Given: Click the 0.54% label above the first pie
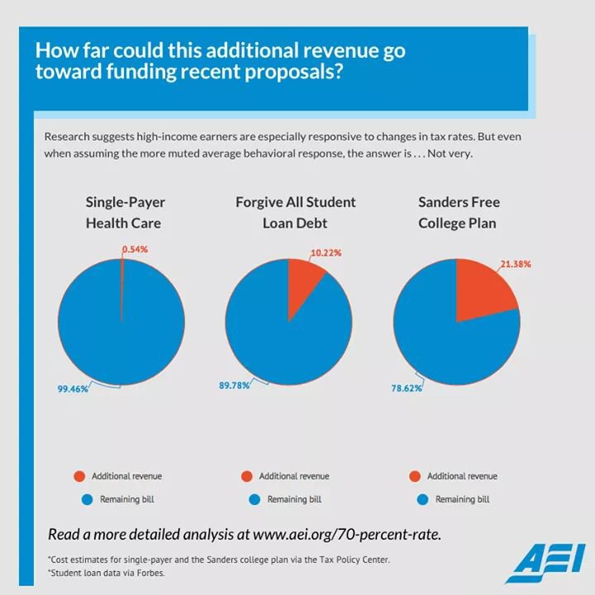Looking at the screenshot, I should pyautogui.click(x=135, y=248).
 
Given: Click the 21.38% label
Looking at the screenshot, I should pyautogui.click(x=515, y=264).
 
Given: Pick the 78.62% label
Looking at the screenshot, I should pyautogui.click(x=406, y=388).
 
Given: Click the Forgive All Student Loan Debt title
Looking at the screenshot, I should pyautogui.click(x=295, y=212).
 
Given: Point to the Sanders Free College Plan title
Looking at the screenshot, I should pyautogui.click(x=459, y=212).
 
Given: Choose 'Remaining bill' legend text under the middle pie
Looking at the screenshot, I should pyautogui.click(x=294, y=499).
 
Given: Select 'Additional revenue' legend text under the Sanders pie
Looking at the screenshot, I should pyautogui.click(x=462, y=476).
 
